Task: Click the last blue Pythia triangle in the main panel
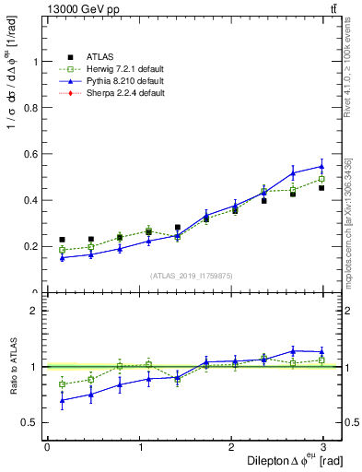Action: click(321, 167)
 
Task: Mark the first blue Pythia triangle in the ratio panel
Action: click(62, 400)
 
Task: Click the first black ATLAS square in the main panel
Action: click(62, 240)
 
